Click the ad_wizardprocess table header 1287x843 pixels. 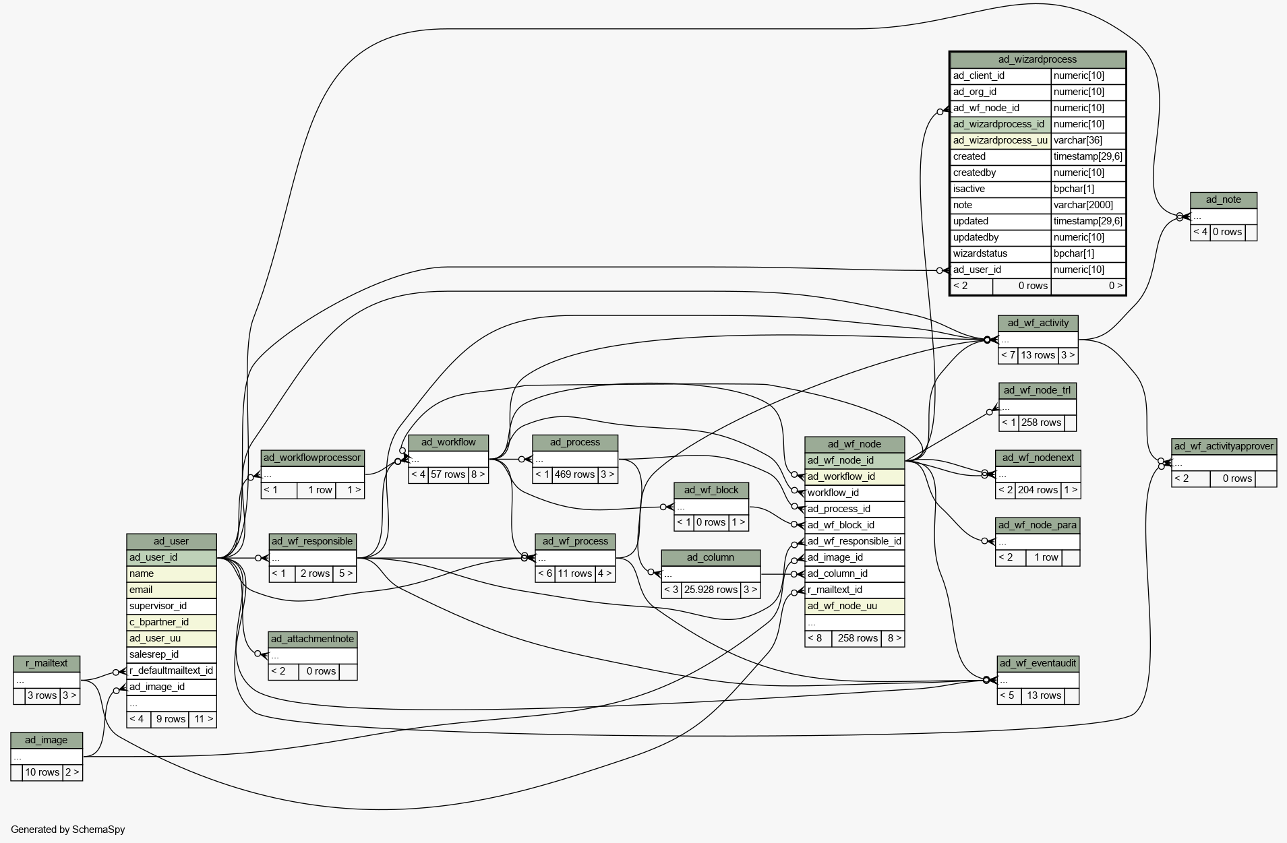(x=1037, y=59)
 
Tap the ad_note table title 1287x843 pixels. (x=1223, y=199)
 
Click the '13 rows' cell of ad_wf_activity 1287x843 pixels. (x=1038, y=355)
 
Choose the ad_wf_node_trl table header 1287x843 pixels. (x=1037, y=390)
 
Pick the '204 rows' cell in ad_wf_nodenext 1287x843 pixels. (x=1038, y=490)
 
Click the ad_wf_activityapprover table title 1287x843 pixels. (x=1224, y=446)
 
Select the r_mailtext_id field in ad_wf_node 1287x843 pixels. (x=835, y=590)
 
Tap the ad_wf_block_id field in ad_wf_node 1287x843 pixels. (x=841, y=525)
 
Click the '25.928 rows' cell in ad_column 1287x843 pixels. (x=711, y=590)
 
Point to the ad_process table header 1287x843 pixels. (x=575, y=442)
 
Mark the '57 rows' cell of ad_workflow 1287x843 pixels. (x=448, y=474)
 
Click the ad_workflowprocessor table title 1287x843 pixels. (x=312, y=458)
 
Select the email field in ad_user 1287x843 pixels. (x=141, y=590)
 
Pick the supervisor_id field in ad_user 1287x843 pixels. (x=158, y=606)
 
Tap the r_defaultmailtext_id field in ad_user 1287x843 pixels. (x=171, y=670)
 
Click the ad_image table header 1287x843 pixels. (x=47, y=740)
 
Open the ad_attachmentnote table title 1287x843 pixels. (x=312, y=639)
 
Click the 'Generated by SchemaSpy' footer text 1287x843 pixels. (x=67, y=830)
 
